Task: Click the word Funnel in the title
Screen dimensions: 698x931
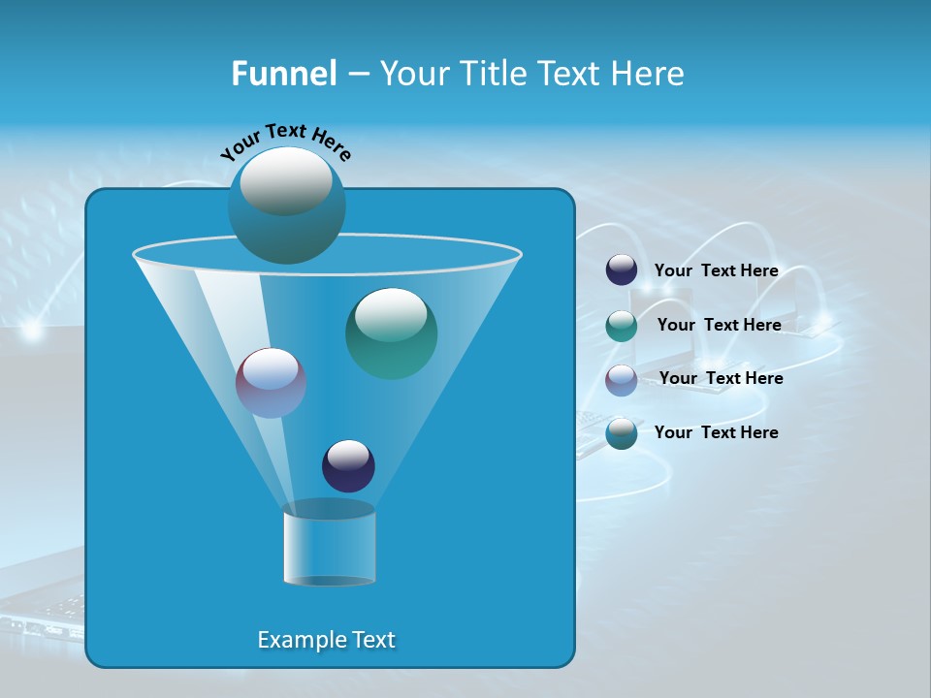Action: click(x=283, y=74)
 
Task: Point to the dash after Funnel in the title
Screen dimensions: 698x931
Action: click(x=357, y=75)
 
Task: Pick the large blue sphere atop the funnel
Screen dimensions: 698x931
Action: click(x=287, y=205)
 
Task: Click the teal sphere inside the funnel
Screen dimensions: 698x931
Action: click(x=391, y=333)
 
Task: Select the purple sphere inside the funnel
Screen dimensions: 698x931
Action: click(x=272, y=383)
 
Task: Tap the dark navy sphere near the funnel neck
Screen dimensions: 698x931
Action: click(x=348, y=465)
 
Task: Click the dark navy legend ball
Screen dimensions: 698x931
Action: click(x=622, y=270)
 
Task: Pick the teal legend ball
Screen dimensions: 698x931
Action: click(x=622, y=326)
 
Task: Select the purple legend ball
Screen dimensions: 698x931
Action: click(x=622, y=380)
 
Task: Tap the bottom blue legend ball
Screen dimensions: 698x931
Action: click(x=622, y=433)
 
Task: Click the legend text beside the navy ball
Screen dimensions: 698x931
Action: click(x=716, y=271)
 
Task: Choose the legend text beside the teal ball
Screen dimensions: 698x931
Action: click(x=719, y=326)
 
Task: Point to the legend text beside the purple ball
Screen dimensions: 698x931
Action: click(x=721, y=379)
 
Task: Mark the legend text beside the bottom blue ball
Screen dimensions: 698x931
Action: click(x=716, y=432)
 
